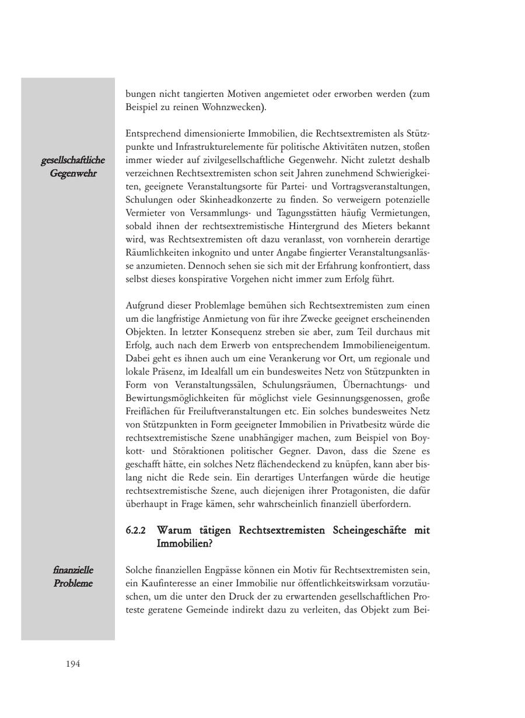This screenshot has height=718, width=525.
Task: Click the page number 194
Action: click(73, 664)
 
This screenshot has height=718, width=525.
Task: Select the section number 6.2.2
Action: click(136, 531)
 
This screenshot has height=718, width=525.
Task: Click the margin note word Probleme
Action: click(73, 583)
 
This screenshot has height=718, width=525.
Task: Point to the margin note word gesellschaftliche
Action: click(73, 160)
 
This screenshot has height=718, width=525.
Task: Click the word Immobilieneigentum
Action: click(385, 345)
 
